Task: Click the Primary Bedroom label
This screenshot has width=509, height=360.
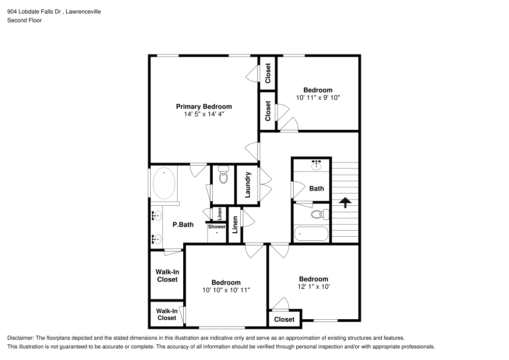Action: (204, 106)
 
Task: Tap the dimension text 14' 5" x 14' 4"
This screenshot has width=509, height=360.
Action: (204, 115)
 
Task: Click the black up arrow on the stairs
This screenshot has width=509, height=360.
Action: (345, 202)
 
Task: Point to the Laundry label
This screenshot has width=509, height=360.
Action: (248, 185)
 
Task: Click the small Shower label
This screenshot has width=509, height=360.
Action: (216, 227)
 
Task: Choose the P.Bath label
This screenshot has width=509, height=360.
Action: (183, 224)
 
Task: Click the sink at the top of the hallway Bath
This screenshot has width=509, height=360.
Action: (316, 164)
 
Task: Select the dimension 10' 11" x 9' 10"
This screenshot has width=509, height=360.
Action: (318, 97)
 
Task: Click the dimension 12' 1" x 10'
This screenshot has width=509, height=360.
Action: (313, 286)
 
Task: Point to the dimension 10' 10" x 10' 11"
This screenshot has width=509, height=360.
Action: (226, 290)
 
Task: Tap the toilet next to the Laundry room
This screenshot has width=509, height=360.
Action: (223, 176)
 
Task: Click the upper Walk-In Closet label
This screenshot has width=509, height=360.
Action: (167, 275)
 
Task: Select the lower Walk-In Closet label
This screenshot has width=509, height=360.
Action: (166, 314)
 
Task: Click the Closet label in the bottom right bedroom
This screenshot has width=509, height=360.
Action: (284, 319)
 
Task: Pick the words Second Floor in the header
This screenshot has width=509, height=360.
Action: (24, 20)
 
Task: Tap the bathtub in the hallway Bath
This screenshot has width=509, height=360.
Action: (312, 234)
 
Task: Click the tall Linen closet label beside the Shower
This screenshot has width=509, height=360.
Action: (235, 225)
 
